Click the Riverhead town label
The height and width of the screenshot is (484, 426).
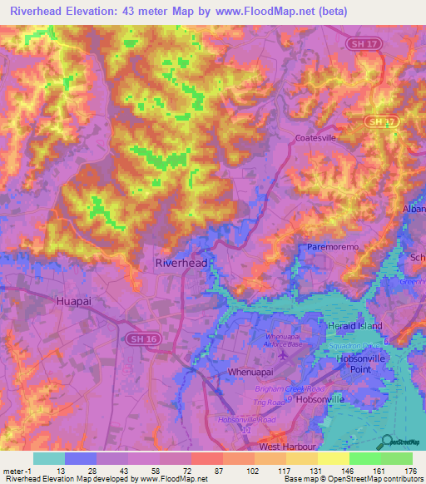click(181, 263)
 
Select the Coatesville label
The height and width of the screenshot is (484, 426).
click(315, 139)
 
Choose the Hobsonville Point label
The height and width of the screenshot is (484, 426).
click(363, 364)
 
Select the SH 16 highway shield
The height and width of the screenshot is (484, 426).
click(139, 339)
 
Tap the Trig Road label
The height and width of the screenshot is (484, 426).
click(285, 401)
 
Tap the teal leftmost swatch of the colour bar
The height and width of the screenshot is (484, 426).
click(49, 457)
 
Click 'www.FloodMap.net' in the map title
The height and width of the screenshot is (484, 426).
click(265, 11)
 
